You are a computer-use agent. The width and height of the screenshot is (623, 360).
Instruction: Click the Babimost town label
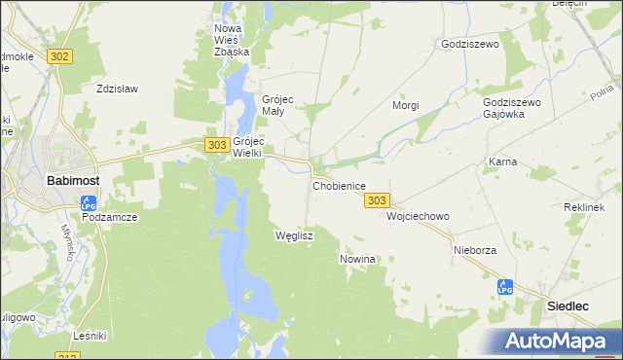tap(70, 180)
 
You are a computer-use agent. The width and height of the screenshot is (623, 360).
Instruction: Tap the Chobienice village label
tap(339, 185)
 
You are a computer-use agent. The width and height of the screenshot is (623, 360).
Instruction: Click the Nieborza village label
tap(475, 250)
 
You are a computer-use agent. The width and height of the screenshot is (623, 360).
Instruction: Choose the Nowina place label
tap(357, 260)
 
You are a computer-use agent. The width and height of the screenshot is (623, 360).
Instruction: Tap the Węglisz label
tap(293, 235)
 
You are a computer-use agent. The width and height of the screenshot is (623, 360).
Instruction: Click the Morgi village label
tap(405, 105)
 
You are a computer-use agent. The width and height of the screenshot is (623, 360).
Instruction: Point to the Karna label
tap(502, 162)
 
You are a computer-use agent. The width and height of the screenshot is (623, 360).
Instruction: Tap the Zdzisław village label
tap(117, 89)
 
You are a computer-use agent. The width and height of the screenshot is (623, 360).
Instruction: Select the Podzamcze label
tap(109, 217)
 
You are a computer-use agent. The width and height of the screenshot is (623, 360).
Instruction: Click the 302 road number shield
tap(58, 56)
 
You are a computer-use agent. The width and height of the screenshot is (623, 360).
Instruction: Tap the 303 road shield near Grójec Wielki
tap(217, 144)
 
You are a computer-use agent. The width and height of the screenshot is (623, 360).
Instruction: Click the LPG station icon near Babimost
tap(89, 203)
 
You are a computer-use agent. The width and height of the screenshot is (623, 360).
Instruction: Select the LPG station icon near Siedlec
tap(504, 287)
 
